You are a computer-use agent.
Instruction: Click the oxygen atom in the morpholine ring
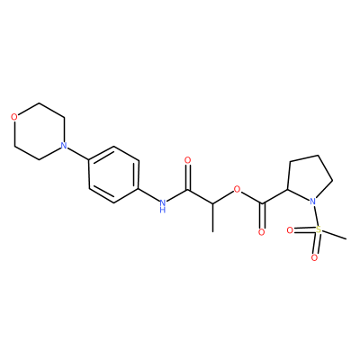[13, 117]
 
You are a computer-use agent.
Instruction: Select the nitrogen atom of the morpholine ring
[63, 146]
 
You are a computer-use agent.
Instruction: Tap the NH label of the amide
[163, 205]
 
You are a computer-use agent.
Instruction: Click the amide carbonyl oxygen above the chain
[188, 160]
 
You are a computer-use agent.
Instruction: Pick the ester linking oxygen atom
[238, 189]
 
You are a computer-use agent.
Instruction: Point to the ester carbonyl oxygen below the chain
[262, 232]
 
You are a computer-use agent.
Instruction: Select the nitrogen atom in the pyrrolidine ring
[312, 201]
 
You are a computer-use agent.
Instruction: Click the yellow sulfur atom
[319, 230]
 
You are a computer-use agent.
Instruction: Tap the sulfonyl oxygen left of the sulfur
[290, 230]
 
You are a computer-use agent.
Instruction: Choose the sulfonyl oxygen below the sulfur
[314, 257]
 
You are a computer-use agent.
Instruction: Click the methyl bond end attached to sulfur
[346, 239]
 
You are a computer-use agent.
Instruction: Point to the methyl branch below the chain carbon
[212, 218]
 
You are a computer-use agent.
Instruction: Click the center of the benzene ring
[113, 175]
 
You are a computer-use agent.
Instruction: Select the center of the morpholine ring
[39, 131]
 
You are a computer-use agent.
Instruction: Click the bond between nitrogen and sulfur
[316, 215]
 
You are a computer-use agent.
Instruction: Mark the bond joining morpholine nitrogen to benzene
[77, 154]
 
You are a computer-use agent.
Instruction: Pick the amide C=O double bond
[188, 177]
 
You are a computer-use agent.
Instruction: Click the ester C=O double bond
[263, 216]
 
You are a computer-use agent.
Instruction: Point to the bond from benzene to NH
[148, 194]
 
